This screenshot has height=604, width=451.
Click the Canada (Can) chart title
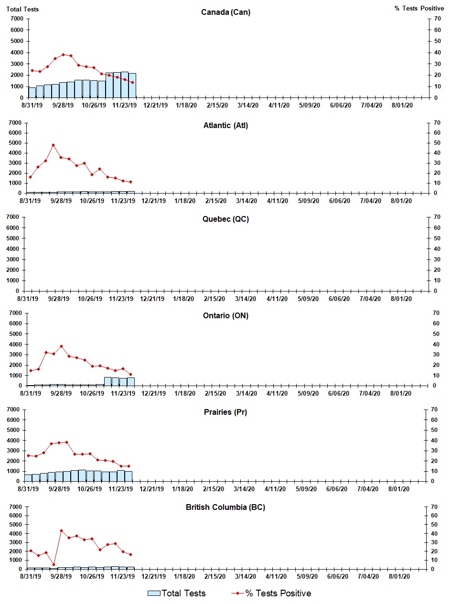point(225,12)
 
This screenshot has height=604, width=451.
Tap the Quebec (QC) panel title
point(225,219)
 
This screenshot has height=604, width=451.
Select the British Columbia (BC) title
point(225,507)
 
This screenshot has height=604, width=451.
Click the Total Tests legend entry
point(177,593)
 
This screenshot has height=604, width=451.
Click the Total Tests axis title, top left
point(22,9)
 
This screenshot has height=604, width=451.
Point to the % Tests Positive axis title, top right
point(419,9)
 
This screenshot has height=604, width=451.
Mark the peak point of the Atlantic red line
point(53,145)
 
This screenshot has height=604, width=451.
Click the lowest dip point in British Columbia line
point(54,564)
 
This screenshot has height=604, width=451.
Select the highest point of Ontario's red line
point(61,346)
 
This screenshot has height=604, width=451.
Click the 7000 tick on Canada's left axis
point(16,19)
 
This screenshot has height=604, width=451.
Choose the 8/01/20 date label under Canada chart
point(402,105)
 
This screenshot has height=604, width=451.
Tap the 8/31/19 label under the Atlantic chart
point(31,201)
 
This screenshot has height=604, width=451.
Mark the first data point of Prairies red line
point(28,455)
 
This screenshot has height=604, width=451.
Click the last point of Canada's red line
point(132,82)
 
